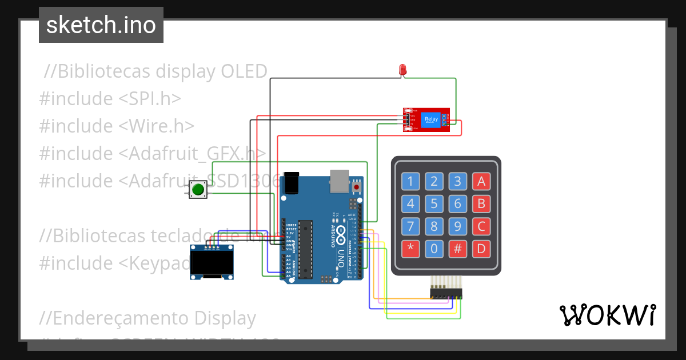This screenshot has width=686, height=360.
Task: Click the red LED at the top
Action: (402, 70)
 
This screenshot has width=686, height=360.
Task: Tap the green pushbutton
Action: (198, 189)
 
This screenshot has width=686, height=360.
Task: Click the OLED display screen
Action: (212, 264)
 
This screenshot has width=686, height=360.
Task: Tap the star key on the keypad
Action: (410, 249)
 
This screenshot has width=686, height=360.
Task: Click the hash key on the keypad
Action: (457, 249)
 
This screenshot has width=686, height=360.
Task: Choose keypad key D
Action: (481, 249)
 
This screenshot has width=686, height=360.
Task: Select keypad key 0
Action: (434, 249)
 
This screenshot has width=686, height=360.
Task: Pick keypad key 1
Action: (410, 182)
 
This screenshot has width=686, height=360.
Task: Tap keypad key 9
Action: (457, 226)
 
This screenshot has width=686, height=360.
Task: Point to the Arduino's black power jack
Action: (291, 182)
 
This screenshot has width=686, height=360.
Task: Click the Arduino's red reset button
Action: (357, 186)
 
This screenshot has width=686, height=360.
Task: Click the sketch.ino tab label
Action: (101, 25)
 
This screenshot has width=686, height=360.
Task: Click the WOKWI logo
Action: (607, 315)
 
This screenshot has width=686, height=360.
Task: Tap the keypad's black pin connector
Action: (446, 293)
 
